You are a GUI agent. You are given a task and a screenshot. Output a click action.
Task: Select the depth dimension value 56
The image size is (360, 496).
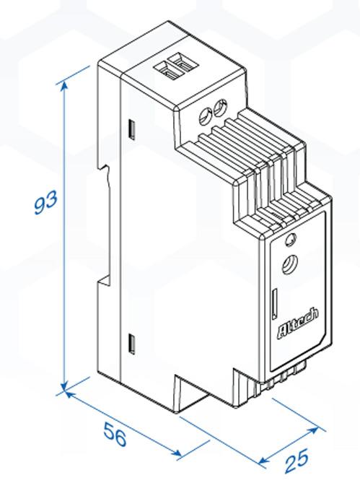point(115,435)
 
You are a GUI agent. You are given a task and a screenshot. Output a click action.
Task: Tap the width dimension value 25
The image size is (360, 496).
point(296,461)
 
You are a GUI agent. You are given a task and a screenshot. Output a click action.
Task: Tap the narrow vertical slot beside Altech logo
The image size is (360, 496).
point(274,303)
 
